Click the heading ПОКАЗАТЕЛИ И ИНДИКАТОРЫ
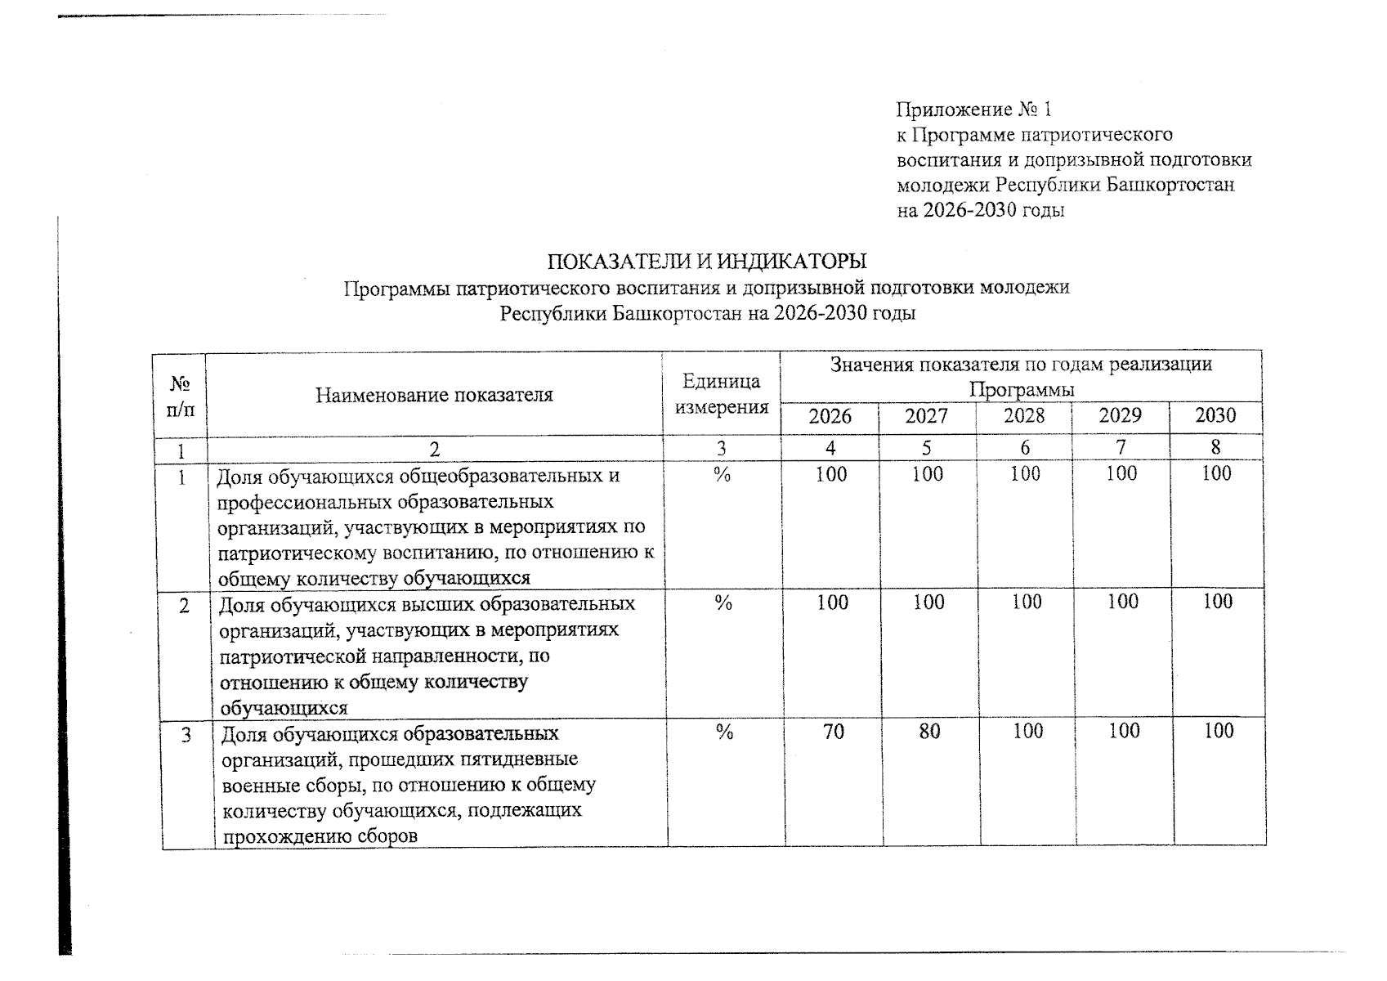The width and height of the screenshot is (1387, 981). (706, 262)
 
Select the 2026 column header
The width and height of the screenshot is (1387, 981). (830, 417)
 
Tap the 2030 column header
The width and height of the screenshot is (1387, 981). (1215, 416)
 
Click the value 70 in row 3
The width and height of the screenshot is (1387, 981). (833, 731)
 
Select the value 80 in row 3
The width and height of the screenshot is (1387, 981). (929, 731)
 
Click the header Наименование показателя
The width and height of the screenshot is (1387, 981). (434, 396)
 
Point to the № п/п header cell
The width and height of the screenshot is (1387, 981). (180, 396)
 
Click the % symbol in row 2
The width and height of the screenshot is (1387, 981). (723, 603)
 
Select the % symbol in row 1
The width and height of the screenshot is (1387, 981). (721, 474)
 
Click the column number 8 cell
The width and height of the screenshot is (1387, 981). (1215, 448)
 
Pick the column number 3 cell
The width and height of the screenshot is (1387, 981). (720, 449)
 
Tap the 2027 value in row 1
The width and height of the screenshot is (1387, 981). (928, 474)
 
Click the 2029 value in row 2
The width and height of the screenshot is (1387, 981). (1122, 602)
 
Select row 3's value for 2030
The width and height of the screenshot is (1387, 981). (1218, 731)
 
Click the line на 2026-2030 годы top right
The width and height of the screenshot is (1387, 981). (980, 211)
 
